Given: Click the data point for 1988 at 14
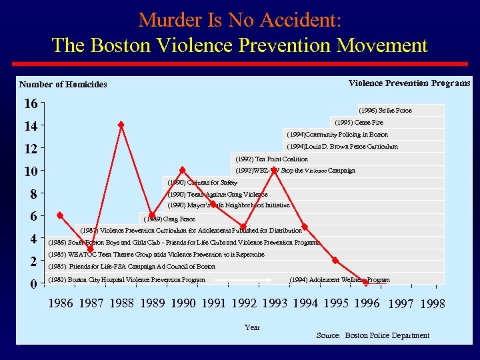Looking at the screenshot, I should [x=121, y=125].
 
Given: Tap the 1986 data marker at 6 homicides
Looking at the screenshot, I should [x=60, y=215].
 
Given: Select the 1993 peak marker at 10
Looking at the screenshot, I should [x=274, y=170].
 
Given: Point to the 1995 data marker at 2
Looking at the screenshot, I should [x=335, y=261].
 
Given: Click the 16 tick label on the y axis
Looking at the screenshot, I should [x=30, y=103].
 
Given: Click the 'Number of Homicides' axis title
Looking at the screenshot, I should [x=63, y=85].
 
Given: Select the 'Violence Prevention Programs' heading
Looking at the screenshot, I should [x=409, y=83].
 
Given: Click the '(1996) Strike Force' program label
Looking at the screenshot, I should [x=385, y=111].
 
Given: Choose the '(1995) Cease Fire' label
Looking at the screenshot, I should [x=359, y=123].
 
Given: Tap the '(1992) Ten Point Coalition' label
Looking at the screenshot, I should [x=272, y=159].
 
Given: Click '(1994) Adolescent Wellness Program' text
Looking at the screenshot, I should [x=340, y=280].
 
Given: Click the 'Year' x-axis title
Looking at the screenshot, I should [x=252, y=327].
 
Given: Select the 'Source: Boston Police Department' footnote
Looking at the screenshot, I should [x=373, y=335].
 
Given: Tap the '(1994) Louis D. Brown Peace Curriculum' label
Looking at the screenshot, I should [x=342, y=147].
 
